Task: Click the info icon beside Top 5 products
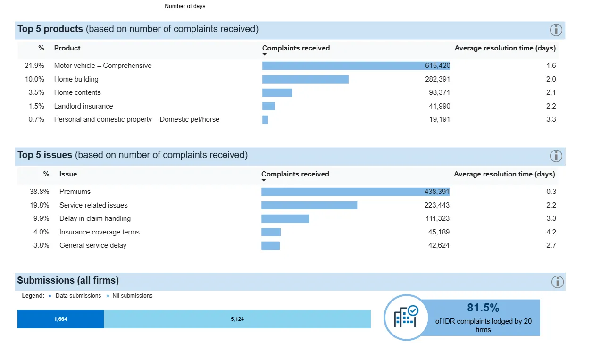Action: pyautogui.click(x=556, y=30)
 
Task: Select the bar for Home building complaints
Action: pyautogui.click(x=305, y=79)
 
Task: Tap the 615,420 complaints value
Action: pyautogui.click(x=437, y=66)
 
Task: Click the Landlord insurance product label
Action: pyautogui.click(x=83, y=106)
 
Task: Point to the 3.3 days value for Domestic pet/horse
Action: pyautogui.click(x=551, y=119)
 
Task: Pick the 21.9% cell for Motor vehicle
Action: pyautogui.click(x=34, y=66)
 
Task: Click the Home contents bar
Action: pyautogui.click(x=277, y=92)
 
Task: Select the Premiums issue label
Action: pyautogui.click(x=75, y=192)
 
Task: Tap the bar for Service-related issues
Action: pyautogui.click(x=309, y=205)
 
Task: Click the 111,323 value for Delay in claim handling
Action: pyautogui.click(x=437, y=218)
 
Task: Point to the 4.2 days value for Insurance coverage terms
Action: pyautogui.click(x=551, y=232)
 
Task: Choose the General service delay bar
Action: pyautogui.click(x=270, y=245)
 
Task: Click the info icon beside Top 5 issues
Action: pyautogui.click(x=556, y=156)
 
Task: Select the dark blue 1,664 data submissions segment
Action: pyautogui.click(x=60, y=319)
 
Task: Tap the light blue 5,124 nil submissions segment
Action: pyautogui.click(x=237, y=319)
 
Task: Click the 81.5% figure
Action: pyautogui.click(x=483, y=308)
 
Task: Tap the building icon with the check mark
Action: pyautogui.click(x=405, y=317)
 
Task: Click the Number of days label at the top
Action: pyautogui.click(x=185, y=6)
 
